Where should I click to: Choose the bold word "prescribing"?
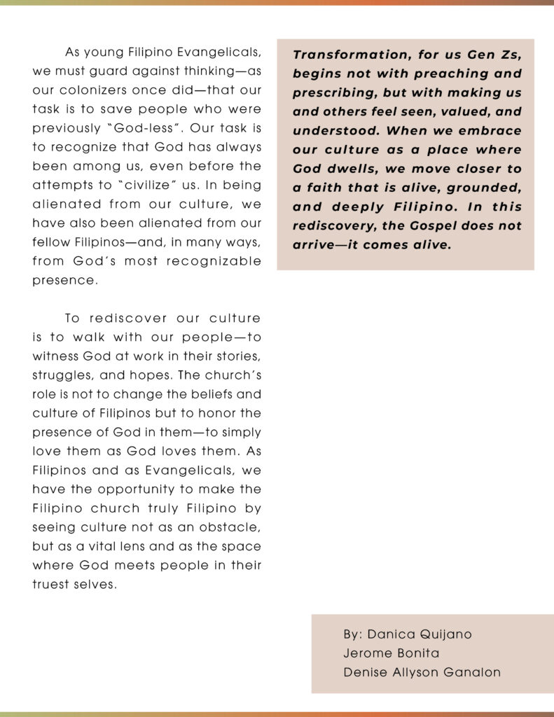331,93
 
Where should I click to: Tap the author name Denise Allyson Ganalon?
422,672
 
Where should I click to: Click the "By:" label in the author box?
353,634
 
